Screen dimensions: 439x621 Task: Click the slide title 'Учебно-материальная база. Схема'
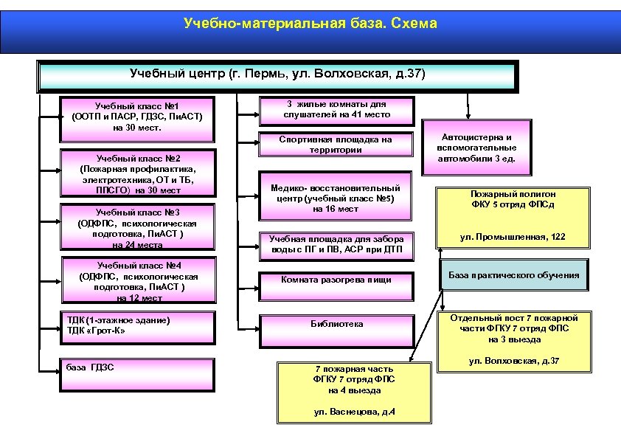[x=310, y=24]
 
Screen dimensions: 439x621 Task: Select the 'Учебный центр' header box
[x=277, y=75]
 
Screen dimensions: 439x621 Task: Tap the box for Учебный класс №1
[x=137, y=117]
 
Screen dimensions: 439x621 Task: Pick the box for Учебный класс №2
[x=138, y=175]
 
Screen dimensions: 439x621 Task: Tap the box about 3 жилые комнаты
[x=336, y=109]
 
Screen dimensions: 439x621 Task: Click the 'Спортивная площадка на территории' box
[x=336, y=145]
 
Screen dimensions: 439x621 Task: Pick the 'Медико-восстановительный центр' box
[x=336, y=198]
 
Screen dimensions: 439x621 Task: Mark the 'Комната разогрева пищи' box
[x=336, y=280]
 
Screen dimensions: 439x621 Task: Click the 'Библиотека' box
[x=336, y=324]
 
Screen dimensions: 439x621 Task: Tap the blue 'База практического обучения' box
[x=514, y=275]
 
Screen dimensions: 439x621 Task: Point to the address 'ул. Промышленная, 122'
[x=513, y=237]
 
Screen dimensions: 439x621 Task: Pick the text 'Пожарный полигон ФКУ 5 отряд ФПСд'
[x=513, y=199]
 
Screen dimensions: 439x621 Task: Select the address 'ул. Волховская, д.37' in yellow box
[x=513, y=362]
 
